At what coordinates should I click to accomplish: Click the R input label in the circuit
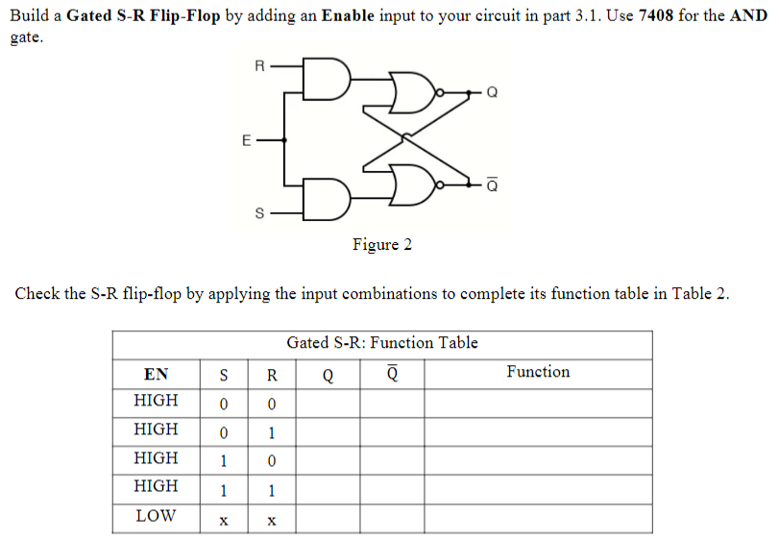click(258, 66)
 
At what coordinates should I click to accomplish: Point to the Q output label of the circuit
click(493, 93)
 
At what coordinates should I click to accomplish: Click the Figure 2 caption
click(381, 244)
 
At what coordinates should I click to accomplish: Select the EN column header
click(156, 374)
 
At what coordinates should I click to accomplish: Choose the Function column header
click(538, 372)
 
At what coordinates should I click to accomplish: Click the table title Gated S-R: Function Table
click(381, 343)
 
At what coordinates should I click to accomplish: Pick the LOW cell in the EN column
click(156, 516)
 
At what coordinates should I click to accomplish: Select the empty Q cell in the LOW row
click(328, 518)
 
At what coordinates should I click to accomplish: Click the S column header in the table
click(223, 374)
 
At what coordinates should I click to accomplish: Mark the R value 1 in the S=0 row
click(272, 431)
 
